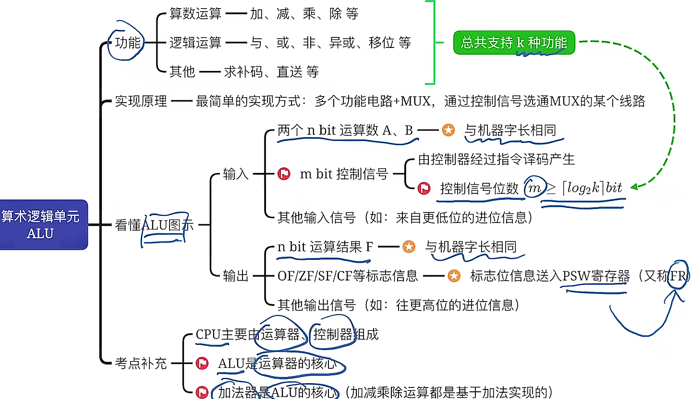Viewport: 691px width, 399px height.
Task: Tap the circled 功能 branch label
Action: (x=128, y=43)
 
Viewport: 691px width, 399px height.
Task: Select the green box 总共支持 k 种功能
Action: (x=514, y=43)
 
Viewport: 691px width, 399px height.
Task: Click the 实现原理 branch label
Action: (x=141, y=102)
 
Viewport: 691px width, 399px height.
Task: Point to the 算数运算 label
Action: (x=195, y=14)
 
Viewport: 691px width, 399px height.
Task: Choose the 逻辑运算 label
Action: (x=195, y=43)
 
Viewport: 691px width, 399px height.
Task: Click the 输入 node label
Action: (x=236, y=174)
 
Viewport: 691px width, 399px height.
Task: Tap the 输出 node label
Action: (x=236, y=276)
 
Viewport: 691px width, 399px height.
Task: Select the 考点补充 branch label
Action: (x=141, y=363)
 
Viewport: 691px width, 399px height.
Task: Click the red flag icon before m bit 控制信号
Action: (x=284, y=174)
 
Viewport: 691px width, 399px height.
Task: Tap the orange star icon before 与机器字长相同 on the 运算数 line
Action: (x=448, y=130)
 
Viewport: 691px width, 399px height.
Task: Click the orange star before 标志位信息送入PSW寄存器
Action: (x=454, y=276)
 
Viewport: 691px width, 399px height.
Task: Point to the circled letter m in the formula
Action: (x=533, y=188)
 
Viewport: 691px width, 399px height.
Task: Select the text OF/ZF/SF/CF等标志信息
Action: (x=348, y=276)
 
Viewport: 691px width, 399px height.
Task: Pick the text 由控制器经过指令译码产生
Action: (x=496, y=159)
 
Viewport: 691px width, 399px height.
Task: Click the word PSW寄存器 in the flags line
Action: (x=596, y=276)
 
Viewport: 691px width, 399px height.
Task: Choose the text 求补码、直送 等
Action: (x=271, y=72)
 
